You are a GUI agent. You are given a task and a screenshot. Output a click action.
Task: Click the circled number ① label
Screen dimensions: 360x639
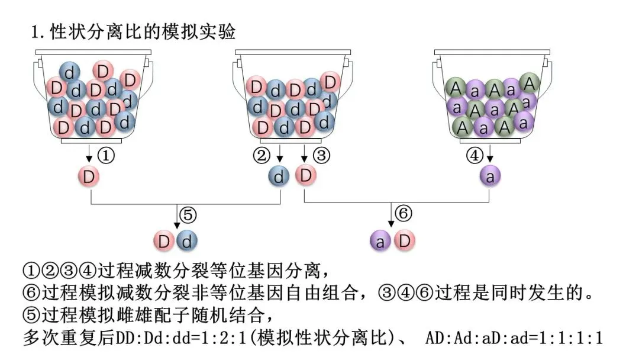click(105, 156)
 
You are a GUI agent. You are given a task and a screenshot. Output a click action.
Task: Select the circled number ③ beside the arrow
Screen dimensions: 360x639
click(321, 156)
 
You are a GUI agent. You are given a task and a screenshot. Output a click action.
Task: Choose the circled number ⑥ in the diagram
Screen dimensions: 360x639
click(403, 214)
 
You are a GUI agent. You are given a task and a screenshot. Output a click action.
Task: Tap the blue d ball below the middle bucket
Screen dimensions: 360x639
click(280, 176)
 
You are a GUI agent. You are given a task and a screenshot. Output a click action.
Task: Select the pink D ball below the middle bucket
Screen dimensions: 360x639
click(305, 175)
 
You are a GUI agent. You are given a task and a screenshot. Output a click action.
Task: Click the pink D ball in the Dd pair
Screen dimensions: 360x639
click(164, 241)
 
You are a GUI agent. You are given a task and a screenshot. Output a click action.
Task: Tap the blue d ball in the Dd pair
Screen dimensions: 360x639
click(186, 241)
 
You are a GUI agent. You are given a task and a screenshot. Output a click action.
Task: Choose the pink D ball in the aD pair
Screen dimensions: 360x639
click(405, 241)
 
